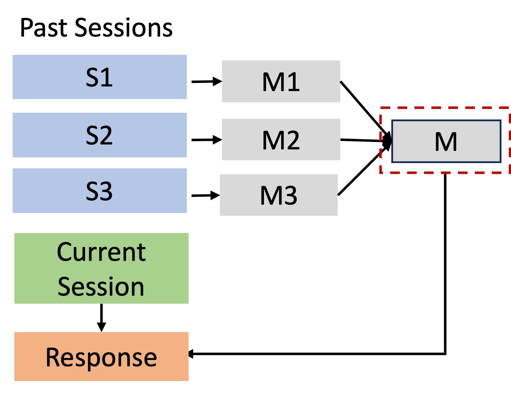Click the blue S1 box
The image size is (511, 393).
(99, 77)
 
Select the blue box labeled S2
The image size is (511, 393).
(99, 135)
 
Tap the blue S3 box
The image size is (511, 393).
(99, 191)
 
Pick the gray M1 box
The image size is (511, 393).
(281, 81)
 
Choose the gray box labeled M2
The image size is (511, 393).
(281, 139)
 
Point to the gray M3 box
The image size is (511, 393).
(278, 195)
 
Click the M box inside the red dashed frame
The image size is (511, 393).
(446, 141)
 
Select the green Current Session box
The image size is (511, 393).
(101, 268)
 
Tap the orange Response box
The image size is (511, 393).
(101, 356)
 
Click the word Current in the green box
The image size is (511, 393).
(101, 252)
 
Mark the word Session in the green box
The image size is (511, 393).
(101, 286)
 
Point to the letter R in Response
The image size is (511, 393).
(53, 357)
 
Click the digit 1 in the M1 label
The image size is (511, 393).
(293, 82)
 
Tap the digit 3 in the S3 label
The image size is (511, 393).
(106, 191)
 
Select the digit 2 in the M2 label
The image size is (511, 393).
(292, 140)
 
